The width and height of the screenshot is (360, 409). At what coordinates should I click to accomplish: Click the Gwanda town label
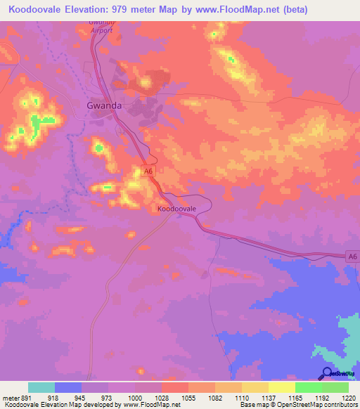tap(104, 106)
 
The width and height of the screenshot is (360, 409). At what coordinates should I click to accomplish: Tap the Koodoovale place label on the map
tap(176, 209)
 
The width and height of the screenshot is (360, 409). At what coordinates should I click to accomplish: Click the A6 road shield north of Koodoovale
tap(148, 171)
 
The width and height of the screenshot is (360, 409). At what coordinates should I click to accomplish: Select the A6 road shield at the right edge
tap(352, 259)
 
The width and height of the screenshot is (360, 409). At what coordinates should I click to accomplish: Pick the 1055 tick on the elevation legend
tap(188, 398)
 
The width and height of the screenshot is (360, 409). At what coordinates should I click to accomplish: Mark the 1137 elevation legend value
tap(268, 398)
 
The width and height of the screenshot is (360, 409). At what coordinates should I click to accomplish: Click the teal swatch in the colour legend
tap(41, 387)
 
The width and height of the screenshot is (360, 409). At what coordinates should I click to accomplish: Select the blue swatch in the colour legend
tap(67, 387)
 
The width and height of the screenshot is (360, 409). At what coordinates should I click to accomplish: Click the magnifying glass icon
tap(327, 375)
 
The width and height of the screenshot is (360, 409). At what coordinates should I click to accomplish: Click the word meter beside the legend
tap(10, 398)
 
